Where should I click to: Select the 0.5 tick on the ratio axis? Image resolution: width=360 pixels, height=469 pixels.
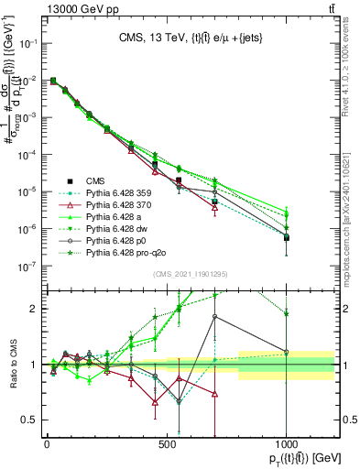click(x=30, y=420)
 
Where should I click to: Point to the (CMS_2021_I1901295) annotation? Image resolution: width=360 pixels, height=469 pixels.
click(x=189, y=275)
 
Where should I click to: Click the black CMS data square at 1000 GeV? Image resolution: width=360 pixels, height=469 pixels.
click(x=287, y=237)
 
